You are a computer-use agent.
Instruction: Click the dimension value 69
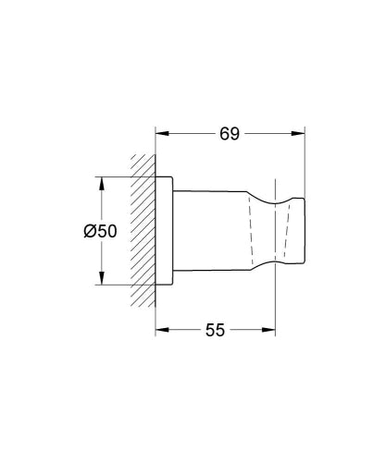230,132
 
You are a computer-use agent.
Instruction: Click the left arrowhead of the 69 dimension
160,133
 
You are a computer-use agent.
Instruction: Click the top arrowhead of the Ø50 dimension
101,178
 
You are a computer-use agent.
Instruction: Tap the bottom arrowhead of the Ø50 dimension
101,283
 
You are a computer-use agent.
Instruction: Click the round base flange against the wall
164,231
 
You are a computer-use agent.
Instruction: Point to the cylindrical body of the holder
208,231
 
